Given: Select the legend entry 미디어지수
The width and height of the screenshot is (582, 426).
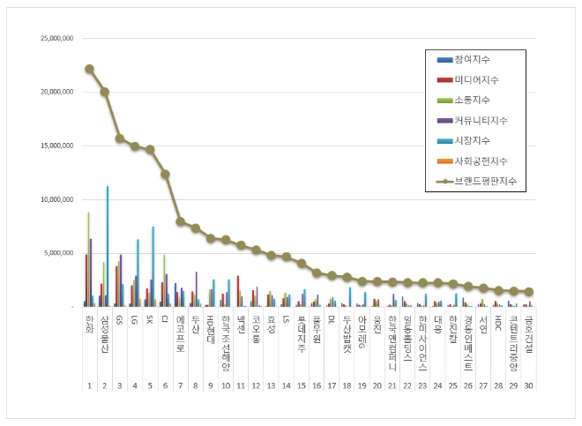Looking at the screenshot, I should pos(477,79).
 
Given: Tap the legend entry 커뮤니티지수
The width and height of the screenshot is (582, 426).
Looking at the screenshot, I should pos(481,120).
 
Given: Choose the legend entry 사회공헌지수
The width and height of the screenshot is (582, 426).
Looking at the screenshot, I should pos(481,161).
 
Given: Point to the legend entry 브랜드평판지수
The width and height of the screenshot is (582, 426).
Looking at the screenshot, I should pos(484,181).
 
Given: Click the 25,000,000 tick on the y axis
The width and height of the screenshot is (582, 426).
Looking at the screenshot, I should pos(58,39).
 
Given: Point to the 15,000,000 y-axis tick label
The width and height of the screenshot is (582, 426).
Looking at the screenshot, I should pos(58,146).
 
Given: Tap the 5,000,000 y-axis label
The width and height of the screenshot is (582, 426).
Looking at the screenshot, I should pos(61,253).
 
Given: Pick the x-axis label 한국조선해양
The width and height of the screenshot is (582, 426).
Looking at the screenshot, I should pos(225,337).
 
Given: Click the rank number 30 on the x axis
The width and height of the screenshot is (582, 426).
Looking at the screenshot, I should pos(527,385).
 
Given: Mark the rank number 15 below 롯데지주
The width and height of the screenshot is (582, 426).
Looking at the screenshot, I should pos(301,385).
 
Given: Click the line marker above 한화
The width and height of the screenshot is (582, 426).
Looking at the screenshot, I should pos(89,69).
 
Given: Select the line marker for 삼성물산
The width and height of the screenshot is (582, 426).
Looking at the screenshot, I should pos(105,92).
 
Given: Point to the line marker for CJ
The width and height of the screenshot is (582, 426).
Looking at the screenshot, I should pos(165,175).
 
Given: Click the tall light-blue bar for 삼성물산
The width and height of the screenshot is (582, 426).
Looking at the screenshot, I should pos(108,246).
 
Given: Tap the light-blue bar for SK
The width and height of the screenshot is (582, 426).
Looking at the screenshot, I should pos(153,266).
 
